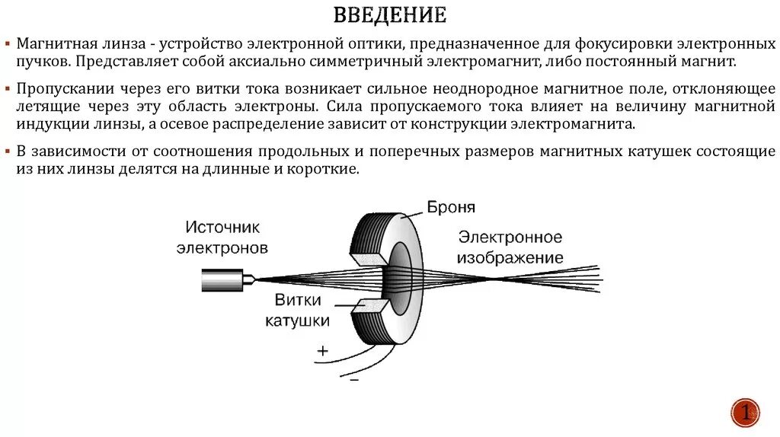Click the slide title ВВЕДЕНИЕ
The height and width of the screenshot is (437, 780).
(389, 15)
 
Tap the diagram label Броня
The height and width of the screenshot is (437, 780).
(451, 207)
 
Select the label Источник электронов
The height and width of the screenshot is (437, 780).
(223, 238)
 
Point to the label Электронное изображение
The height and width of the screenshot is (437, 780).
(510, 247)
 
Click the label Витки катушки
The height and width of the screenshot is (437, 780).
(297, 311)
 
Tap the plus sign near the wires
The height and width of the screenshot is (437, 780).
(322, 351)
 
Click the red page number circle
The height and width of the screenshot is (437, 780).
(745, 413)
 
